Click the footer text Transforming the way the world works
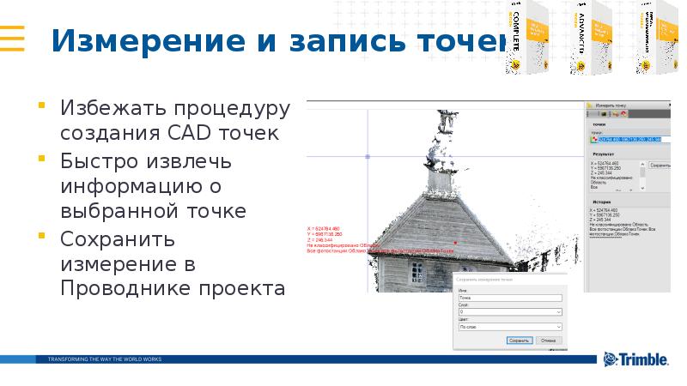tap(104, 359)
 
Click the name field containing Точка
tap(509, 299)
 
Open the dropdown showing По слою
tap(509, 326)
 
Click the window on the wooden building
tap(417, 272)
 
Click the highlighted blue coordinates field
tap(627, 139)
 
